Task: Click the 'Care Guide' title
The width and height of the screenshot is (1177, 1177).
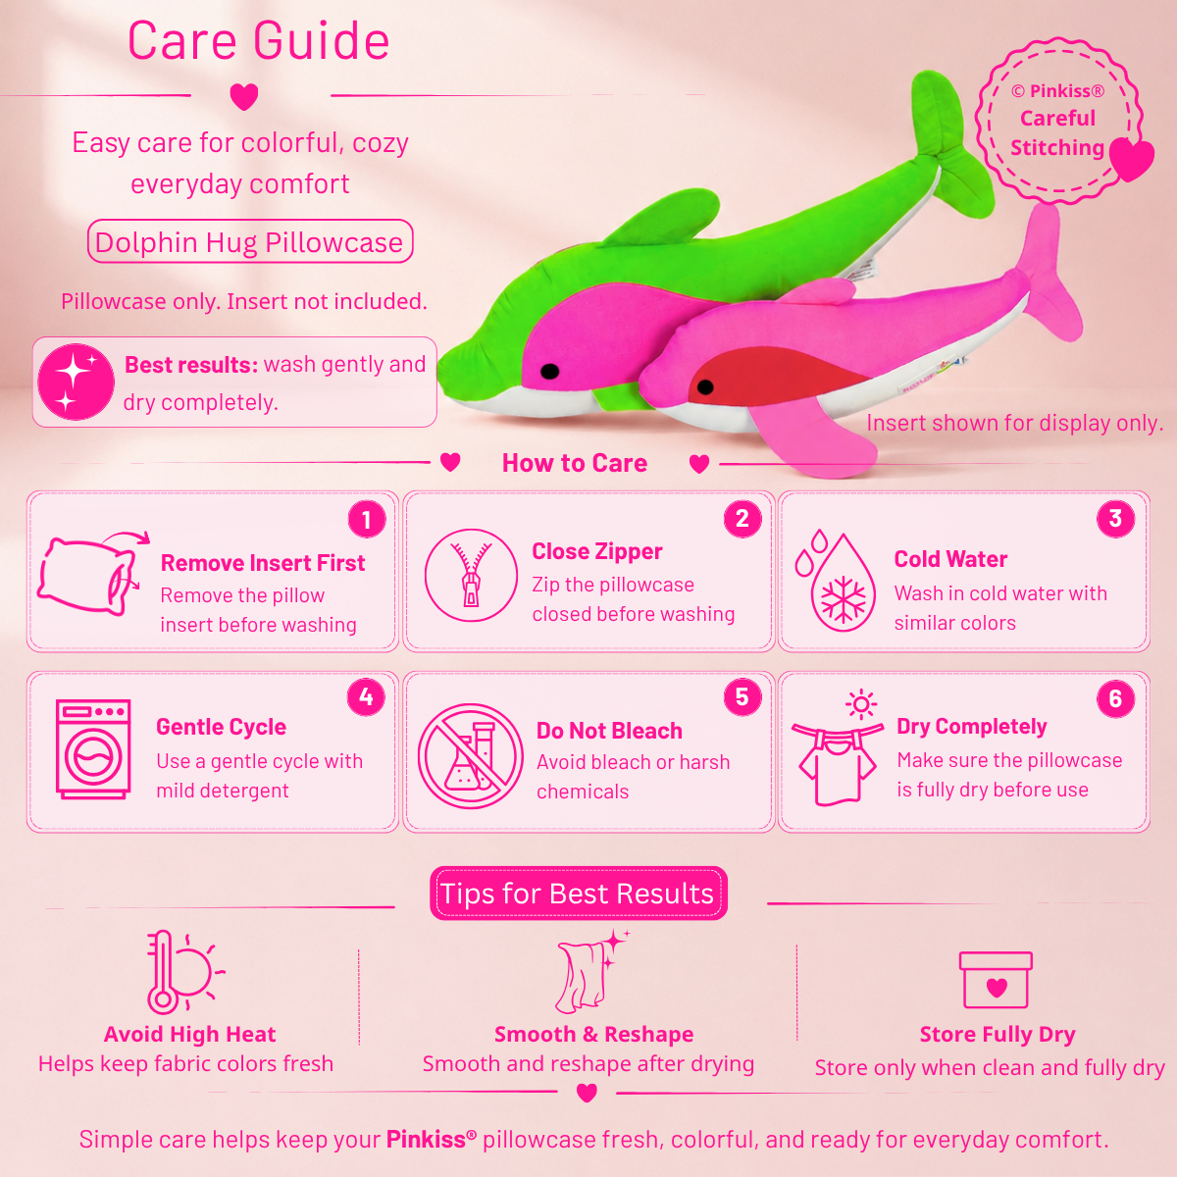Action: [258, 41]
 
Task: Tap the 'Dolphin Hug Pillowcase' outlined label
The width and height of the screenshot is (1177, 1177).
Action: [250, 241]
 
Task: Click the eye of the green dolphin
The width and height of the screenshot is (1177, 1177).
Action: [549, 371]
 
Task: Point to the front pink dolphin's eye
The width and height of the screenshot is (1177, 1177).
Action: [705, 386]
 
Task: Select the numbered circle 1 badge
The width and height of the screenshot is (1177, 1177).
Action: [367, 519]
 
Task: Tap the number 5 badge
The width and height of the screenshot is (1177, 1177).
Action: [742, 696]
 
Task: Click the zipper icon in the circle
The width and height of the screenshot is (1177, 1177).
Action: [471, 575]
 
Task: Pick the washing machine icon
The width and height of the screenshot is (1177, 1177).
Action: [93, 749]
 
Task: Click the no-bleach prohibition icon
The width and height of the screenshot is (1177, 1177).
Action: [471, 756]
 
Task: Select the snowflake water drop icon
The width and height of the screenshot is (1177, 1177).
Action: [836, 581]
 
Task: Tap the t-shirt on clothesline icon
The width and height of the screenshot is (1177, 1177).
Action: [838, 748]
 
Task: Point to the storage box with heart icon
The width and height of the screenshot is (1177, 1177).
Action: [996, 980]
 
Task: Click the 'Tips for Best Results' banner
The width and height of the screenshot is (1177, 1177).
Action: [579, 893]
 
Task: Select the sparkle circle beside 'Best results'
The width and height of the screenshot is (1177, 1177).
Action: [76, 382]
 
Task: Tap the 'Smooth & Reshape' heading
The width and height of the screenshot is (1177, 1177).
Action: [593, 1034]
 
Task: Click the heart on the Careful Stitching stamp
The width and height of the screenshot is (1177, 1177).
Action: [1131, 158]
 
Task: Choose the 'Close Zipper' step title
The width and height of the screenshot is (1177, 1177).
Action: [596, 551]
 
